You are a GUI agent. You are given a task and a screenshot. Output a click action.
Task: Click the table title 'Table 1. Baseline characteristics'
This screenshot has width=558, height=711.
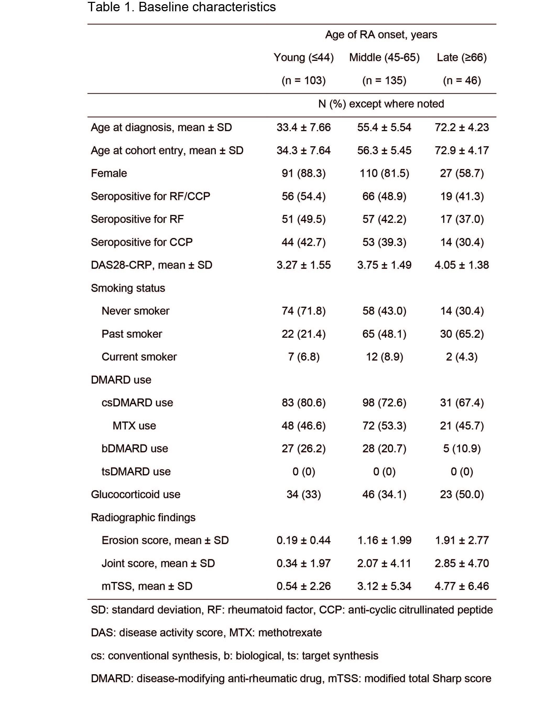[x=182, y=7]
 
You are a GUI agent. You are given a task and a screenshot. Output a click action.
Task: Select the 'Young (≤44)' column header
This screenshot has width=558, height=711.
[x=304, y=57]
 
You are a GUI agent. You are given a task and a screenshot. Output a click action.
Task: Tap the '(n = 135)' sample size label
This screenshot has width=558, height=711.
[x=384, y=80]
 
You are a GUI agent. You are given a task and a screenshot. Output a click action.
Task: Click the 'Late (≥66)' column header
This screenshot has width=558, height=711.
[x=462, y=57]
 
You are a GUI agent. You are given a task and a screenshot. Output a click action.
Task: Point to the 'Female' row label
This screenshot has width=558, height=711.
[x=109, y=173]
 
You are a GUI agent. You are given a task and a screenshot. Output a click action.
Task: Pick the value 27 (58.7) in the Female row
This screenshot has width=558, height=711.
[x=462, y=173]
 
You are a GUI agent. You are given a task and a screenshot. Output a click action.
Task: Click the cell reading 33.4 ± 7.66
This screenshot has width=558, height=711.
[x=304, y=127]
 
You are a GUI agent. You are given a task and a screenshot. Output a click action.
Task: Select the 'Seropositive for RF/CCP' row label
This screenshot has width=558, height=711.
[x=150, y=196]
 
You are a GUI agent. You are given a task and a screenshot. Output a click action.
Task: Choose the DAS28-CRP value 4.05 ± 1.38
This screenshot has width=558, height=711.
[x=462, y=265]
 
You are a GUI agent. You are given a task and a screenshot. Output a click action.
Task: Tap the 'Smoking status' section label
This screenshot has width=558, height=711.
[x=128, y=288]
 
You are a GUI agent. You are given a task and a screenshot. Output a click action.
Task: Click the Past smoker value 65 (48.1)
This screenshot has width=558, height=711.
[x=384, y=334]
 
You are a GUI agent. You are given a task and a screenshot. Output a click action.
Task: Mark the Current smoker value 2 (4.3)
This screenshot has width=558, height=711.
[x=462, y=357]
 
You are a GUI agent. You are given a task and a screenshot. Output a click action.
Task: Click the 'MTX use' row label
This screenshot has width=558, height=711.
[x=134, y=425]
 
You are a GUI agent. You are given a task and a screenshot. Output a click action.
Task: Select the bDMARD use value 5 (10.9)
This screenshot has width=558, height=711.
[x=462, y=449]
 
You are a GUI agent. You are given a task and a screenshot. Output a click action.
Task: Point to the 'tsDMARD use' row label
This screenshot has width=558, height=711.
[x=136, y=471]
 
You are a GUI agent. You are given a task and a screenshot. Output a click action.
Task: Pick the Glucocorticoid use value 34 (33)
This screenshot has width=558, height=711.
[x=304, y=494]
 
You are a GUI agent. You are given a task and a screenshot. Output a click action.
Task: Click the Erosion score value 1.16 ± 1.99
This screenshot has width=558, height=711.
[x=384, y=540]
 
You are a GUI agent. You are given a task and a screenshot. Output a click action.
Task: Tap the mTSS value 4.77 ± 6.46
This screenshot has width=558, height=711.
[x=462, y=586]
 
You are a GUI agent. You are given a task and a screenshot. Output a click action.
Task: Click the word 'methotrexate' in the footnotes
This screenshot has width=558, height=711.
[x=290, y=633]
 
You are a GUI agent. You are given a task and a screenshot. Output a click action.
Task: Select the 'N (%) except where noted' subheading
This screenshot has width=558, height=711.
[x=381, y=104]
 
